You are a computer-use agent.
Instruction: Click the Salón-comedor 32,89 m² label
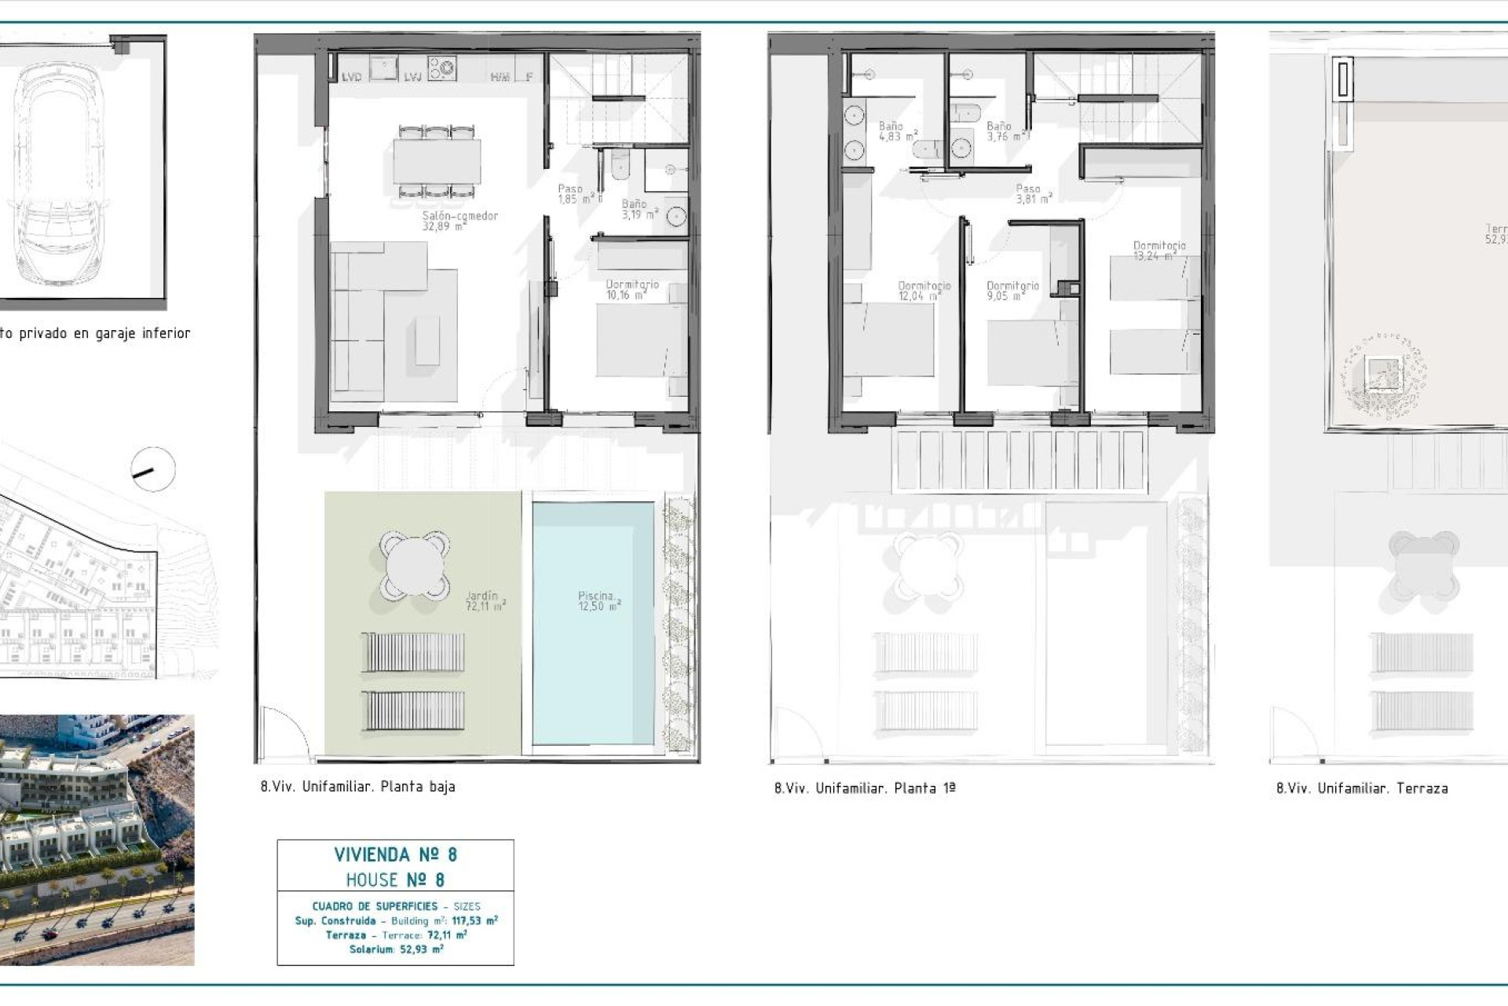click(x=460, y=220)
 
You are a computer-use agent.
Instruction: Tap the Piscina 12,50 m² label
click(x=598, y=601)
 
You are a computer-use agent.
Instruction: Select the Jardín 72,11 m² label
click(x=485, y=601)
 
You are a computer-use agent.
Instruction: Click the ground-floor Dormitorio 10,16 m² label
click(x=631, y=289)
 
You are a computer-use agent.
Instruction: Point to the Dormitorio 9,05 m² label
click(x=1012, y=291)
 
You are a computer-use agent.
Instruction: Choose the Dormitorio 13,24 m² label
click(x=1159, y=251)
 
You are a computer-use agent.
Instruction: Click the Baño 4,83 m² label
click(x=897, y=130)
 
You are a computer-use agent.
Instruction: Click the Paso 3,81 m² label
click(x=1033, y=193)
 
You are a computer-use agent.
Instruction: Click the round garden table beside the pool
click(x=415, y=564)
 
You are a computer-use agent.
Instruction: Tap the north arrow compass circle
click(x=153, y=470)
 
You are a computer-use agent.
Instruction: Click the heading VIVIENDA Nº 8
click(x=395, y=854)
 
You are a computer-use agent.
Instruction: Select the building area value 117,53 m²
click(x=474, y=920)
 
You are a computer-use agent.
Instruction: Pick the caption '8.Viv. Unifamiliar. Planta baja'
click(x=357, y=786)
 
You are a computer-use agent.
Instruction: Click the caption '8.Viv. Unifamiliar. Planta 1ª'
click(x=865, y=788)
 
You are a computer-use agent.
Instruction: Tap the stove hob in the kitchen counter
click(x=441, y=68)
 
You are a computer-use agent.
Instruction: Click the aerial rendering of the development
click(x=97, y=840)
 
